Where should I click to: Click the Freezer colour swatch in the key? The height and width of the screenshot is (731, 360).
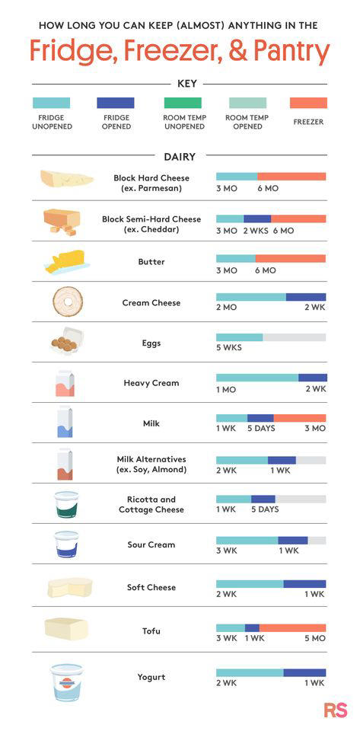click(308, 103)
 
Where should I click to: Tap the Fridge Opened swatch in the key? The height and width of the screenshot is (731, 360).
click(116, 103)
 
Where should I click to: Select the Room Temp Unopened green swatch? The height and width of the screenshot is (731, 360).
click(183, 103)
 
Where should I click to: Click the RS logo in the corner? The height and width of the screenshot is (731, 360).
click(336, 710)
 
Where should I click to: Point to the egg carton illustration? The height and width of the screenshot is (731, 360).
click(66, 343)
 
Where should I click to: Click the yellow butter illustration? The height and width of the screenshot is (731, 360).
click(66, 261)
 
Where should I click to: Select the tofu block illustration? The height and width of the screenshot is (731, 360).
click(66, 629)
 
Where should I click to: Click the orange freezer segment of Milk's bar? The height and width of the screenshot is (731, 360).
click(300, 418)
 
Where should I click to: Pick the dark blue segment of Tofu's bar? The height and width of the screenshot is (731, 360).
click(252, 628)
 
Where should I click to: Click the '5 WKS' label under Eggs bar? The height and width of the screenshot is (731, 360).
click(228, 349)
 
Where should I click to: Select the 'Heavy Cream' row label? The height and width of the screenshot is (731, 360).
click(151, 383)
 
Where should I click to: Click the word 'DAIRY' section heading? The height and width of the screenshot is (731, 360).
click(180, 157)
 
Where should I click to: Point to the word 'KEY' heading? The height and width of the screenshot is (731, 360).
click(180, 83)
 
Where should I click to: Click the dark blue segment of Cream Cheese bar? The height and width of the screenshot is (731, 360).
click(306, 297)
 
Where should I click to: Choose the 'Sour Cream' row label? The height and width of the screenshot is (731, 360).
click(151, 544)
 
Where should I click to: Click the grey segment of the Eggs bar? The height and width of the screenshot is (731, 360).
click(295, 337)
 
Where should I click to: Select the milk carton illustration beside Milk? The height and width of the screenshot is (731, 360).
click(65, 422)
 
